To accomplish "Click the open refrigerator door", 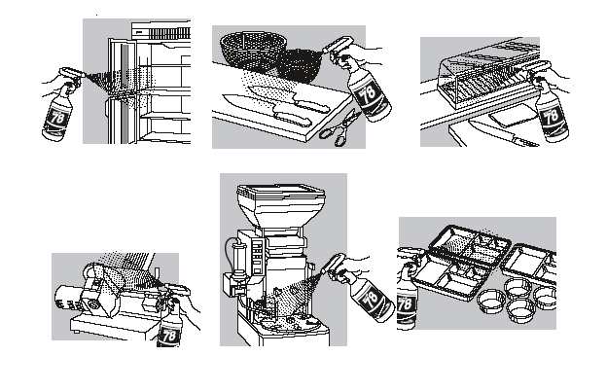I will [123, 88].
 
